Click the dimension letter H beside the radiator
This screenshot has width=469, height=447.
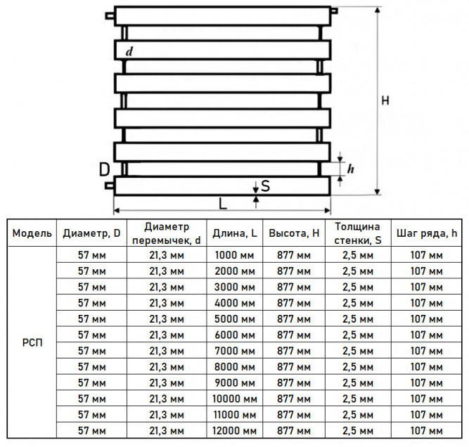[385, 101]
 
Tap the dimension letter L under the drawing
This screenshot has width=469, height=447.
[223, 204]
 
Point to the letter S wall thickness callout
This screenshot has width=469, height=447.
[265, 186]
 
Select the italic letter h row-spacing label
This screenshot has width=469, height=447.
[351, 169]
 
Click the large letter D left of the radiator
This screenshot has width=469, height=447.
[104, 169]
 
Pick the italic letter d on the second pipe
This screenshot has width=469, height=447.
[129, 51]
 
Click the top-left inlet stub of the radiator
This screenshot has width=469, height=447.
[110, 15]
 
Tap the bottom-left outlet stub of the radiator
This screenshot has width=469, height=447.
[110, 186]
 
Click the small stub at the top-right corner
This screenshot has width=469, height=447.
[334, 11]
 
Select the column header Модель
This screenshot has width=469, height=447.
[32, 233]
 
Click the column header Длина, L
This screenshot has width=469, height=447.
[235, 233]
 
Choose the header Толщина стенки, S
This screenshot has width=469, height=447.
[358, 233]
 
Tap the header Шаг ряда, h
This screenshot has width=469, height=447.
[427, 233]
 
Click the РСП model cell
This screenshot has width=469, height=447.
[32, 343]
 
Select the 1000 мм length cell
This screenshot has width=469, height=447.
[235, 255]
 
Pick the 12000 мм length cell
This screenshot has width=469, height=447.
[235, 431]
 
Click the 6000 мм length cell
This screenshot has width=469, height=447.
[235, 335]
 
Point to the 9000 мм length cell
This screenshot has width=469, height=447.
[235, 383]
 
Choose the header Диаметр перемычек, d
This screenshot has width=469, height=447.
[167, 233]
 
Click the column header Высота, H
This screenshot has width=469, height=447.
[294, 233]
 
